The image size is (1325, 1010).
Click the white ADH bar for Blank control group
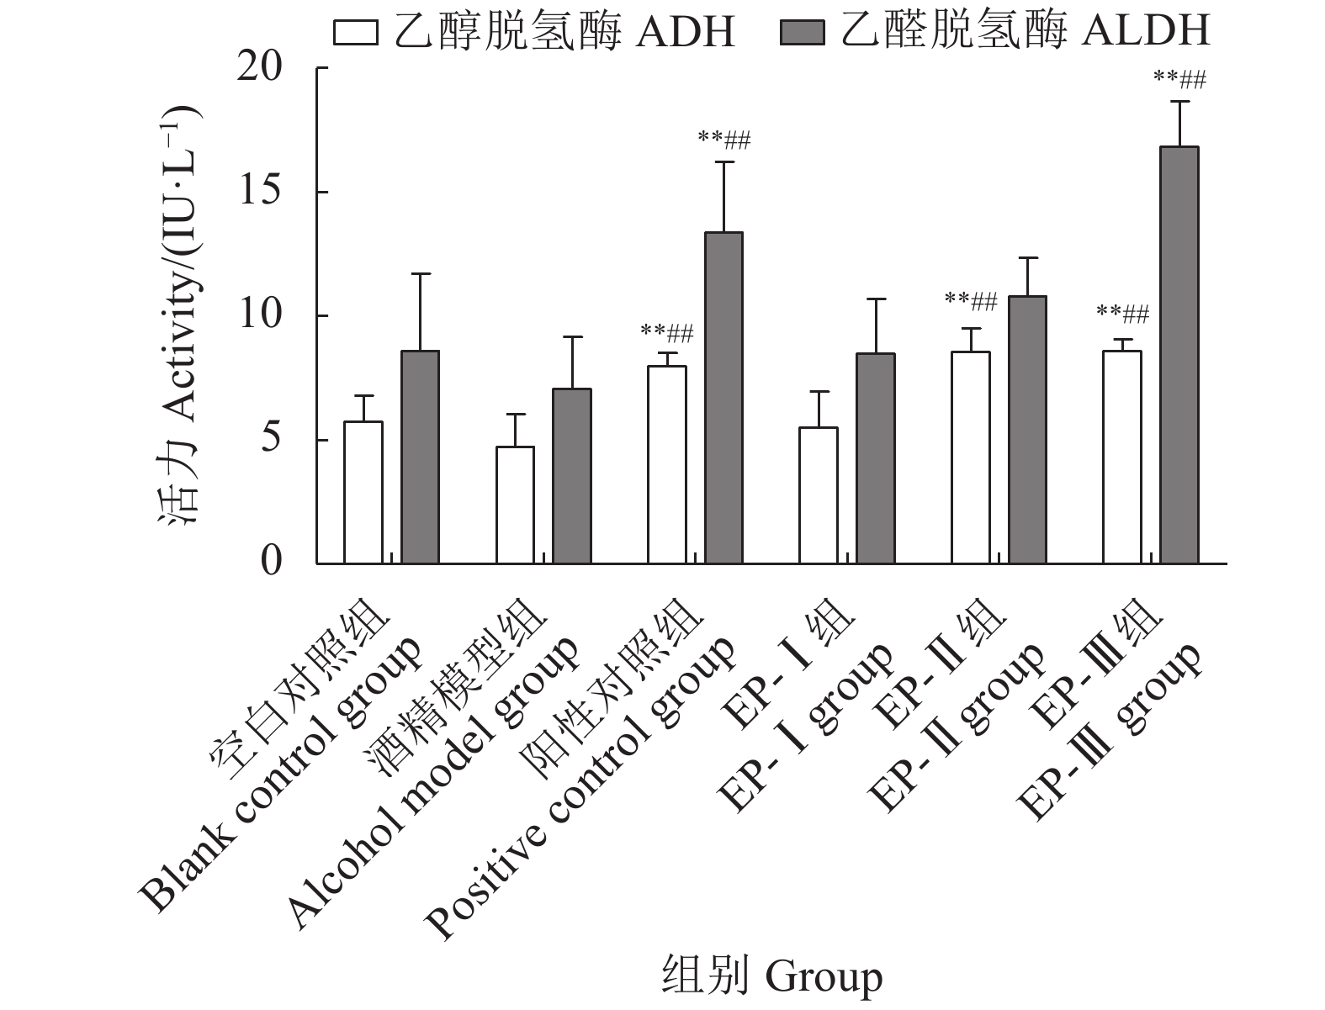click(363, 492)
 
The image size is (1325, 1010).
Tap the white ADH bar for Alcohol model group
click(515, 505)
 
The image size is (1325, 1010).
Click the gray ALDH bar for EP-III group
click(1179, 354)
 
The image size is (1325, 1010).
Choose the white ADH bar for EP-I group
click(819, 495)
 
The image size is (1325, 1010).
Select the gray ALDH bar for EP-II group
click(1027, 429)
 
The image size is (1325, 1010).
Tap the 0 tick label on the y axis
click(271, 561)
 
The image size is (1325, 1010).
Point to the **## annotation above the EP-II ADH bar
click(971, 301)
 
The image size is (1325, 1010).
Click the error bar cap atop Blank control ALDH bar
click(420, 273)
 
